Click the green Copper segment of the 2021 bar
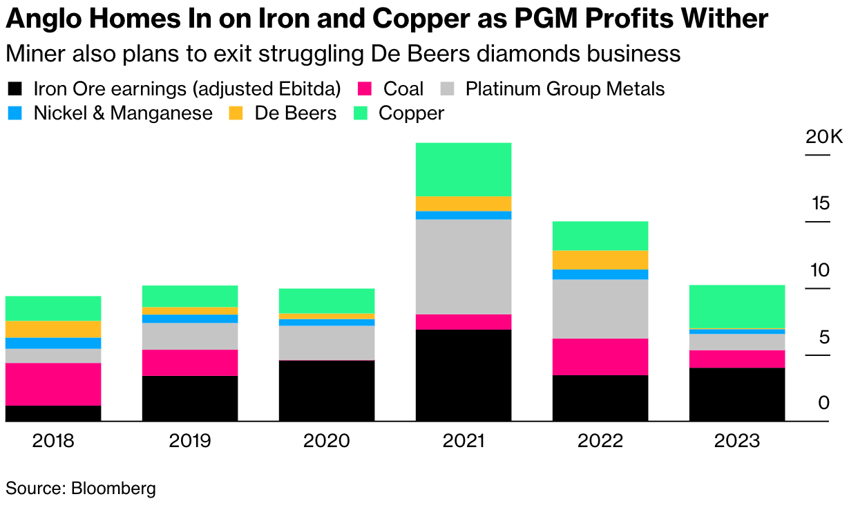[463, 169]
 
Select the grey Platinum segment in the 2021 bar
[463, 267]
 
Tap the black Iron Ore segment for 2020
[326, 390]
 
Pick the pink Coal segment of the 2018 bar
[53, 384]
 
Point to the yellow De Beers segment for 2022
[600, 260]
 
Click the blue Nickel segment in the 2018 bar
[53, 343]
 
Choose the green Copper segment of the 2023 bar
[736, 307]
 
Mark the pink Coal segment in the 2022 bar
[600, 357]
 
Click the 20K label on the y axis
[824, 138]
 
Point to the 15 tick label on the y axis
[821, 204]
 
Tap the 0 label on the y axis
[823, 403]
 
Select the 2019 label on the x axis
[189, 441]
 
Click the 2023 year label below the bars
[736, 441]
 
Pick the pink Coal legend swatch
[365, 89]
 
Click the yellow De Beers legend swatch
[236, 113]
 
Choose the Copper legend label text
[411, 113]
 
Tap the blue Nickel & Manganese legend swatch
[15, 113]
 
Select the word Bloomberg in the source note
[113, 489]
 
